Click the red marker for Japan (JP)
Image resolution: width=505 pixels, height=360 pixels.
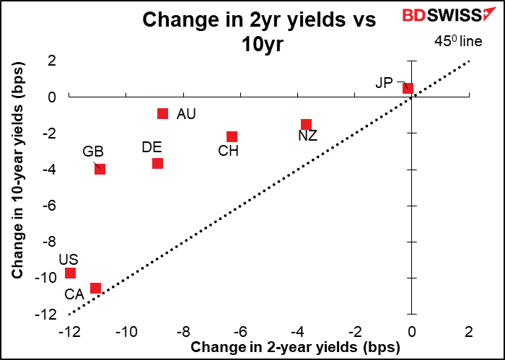408,88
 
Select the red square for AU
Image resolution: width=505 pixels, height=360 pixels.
163,113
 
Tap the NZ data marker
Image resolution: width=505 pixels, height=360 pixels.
306,124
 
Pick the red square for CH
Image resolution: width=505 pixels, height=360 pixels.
232,136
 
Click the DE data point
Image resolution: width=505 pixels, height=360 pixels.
157,163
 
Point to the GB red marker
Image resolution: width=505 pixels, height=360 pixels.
100,169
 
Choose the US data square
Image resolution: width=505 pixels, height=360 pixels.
70,273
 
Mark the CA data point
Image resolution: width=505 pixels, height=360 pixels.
95,288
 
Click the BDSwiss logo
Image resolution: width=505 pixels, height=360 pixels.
445,16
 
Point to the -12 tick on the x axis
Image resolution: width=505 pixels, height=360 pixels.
69,333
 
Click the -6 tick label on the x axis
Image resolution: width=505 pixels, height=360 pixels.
240,333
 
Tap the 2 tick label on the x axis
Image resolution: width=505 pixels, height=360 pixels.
469,333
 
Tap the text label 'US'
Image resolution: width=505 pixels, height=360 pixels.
69,259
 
